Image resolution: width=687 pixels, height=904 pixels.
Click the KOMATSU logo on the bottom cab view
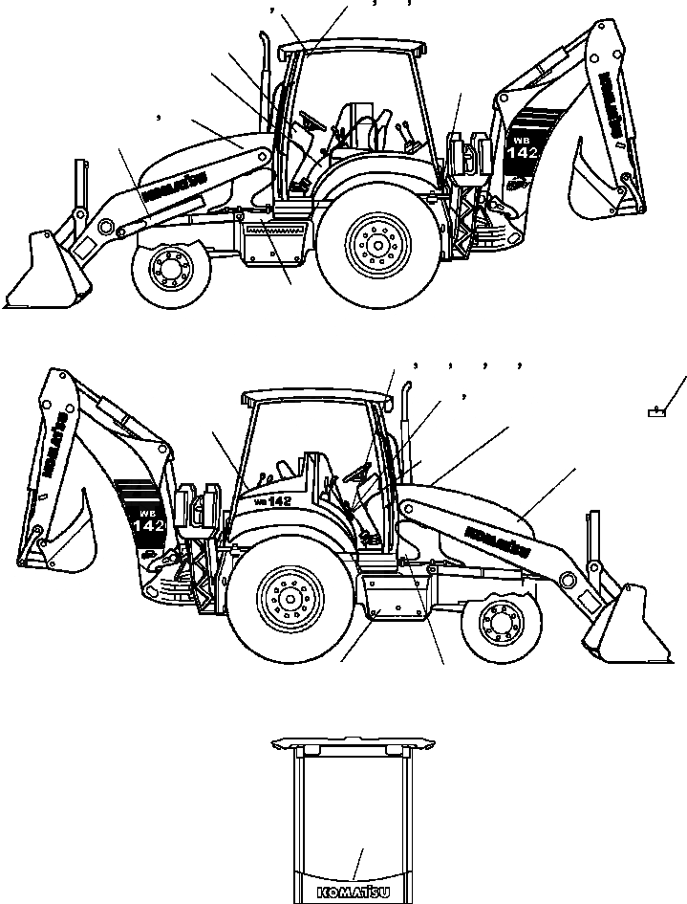click(x=353, y=893)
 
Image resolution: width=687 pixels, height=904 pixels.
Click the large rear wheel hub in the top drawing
click(x=375, y=244)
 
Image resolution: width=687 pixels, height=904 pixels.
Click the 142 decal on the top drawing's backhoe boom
click(x=528, y=154)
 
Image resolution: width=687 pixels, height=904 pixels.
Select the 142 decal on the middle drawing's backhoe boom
click(x=148, y=525)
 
